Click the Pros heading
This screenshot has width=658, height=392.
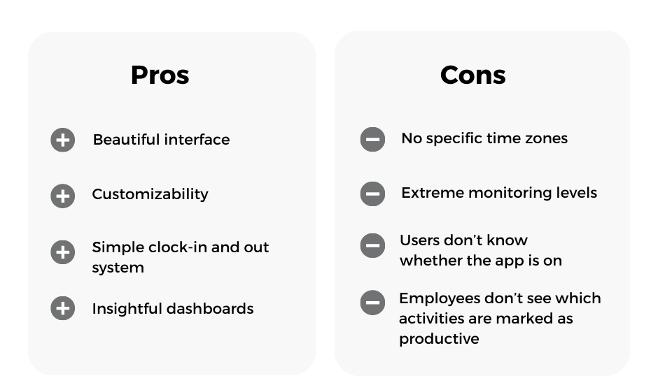coord(160,75)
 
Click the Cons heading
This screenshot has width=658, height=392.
coord(473,75)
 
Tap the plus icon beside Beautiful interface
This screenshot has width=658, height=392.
coord(63,140)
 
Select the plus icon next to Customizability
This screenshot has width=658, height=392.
coord(63,196)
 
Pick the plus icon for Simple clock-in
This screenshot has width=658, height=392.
coord(63,252)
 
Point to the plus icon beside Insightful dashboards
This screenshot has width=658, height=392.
coord(63,308)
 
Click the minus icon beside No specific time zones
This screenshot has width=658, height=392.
coord(372,139)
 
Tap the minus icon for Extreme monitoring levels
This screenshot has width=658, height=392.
coord(372,194)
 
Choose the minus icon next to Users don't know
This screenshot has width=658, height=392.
coord(372,245)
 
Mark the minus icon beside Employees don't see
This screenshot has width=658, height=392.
coord(372,303)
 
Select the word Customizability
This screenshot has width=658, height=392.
coord(150,195)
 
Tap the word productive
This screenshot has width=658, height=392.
coord(439,339)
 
